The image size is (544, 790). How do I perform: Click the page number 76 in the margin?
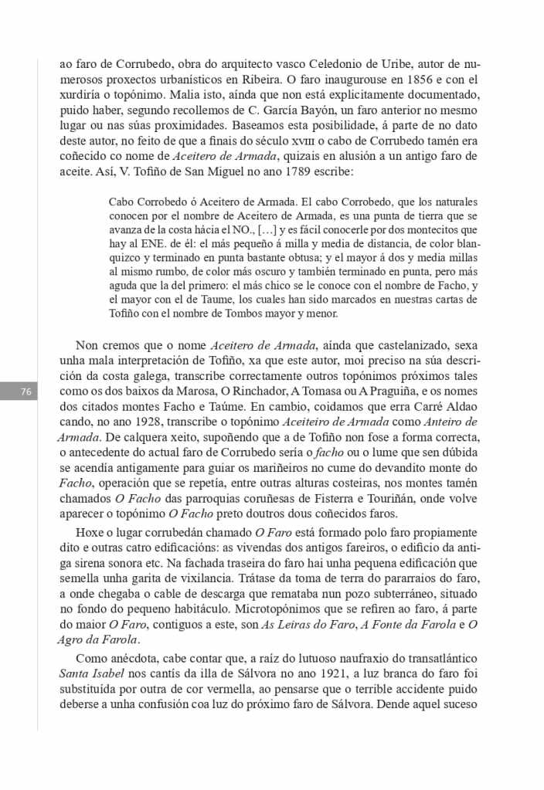25,392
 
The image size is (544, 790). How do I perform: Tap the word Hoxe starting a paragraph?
90,534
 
